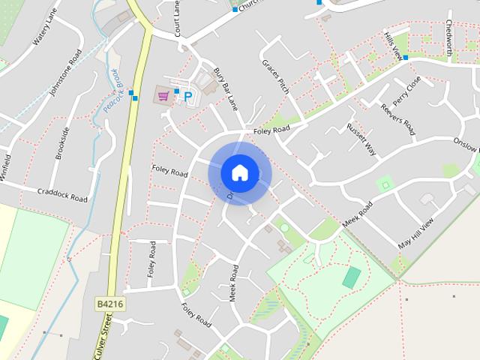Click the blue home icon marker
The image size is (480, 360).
pyautogui.click(x=239, y=172)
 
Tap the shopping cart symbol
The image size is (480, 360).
pyautogui.click(x=163, y=94)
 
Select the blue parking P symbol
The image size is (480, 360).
pyautogui.click(x=188, y=96)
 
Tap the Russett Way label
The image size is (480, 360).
pyautogui.click(x=361, y=138)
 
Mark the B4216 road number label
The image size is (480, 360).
pyautogui.click(x=109, y=304)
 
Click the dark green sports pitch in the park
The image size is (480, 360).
pyautogui.click(x=351, y=277)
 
